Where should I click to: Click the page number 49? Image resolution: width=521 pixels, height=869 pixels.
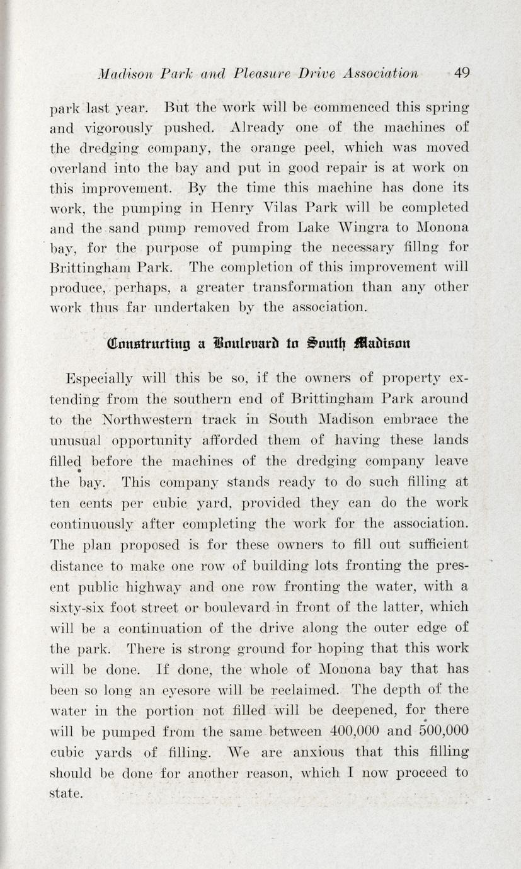[461, 73]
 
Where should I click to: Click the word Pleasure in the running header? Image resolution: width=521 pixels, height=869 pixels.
[229, 74]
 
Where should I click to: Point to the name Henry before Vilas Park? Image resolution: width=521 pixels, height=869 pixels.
[232, 208]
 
